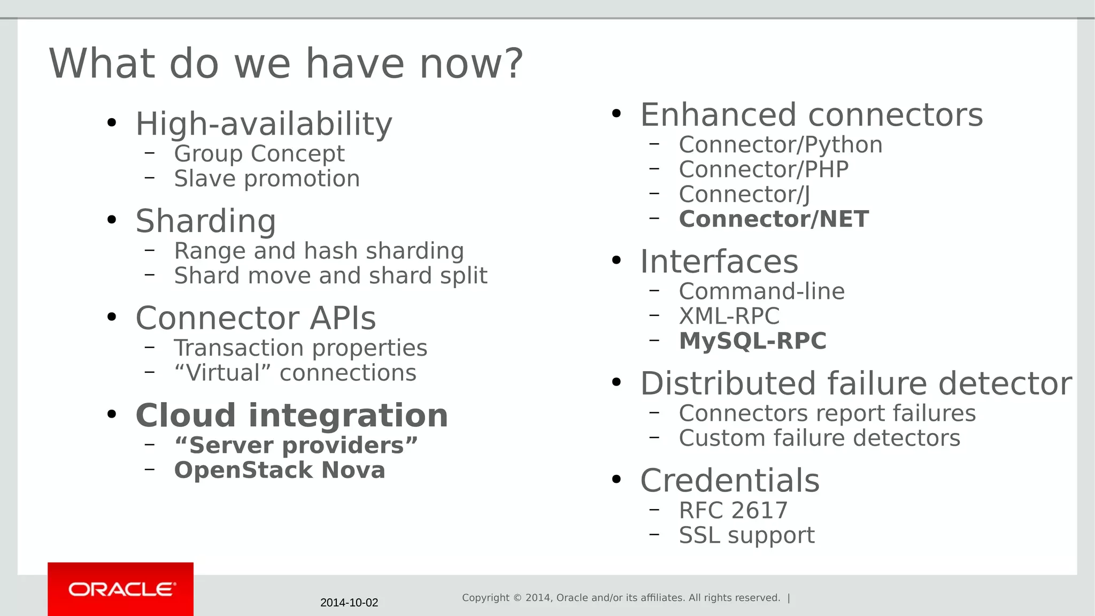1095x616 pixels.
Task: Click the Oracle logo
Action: coord(121,589)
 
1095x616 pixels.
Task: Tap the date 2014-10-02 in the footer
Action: coord(349,603)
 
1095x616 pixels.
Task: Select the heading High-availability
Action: coord(264,124)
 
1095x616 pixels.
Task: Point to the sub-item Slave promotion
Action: coord(267,179)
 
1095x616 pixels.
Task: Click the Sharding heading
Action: coord(206,221)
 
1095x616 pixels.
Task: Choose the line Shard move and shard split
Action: coord(330,276)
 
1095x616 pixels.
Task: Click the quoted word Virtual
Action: coord(222,373)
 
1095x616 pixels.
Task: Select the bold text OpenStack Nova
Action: coord(279,470)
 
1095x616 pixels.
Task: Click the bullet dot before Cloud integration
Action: coord(111,414)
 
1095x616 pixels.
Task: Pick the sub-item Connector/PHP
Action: coord(764,170)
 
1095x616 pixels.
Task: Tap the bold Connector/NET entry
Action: coord(773,219)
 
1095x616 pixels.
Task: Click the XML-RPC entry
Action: coord(729,316)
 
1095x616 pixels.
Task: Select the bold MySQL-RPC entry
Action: coord(752,341)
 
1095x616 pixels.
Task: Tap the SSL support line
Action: coord(746,535)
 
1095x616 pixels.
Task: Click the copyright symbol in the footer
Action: coord(517,598)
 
